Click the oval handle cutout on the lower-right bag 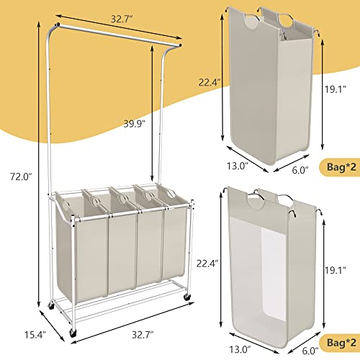pos(257,199)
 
